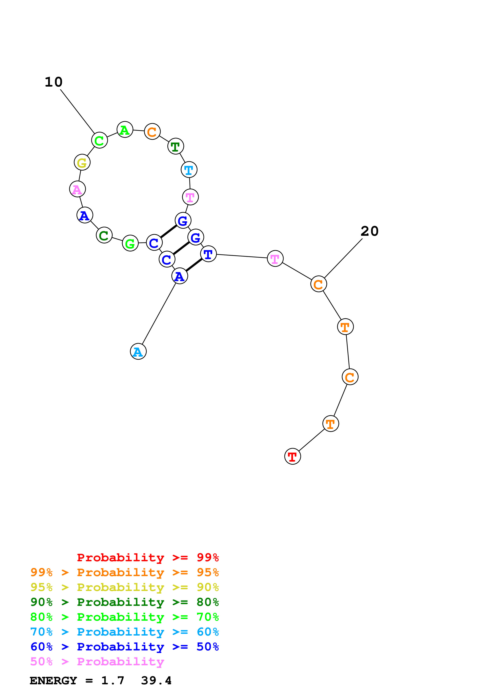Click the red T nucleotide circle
point(293,456)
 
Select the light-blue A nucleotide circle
point(138,351)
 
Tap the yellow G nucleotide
point(82,162)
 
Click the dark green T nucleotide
point(175,146)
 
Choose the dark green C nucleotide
point(104,235)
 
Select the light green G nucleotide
point(130,243)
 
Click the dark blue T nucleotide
point(208,254)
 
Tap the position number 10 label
point(53,82)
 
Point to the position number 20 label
point(369,231)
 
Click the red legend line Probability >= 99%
point(148,558)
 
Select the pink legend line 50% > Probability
point(97,662)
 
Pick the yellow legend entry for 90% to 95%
point(124,587)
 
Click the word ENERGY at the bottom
point(53,681)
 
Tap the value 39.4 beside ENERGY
point(156,681)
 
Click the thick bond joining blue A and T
point(194,265)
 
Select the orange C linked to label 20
point(318,284)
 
